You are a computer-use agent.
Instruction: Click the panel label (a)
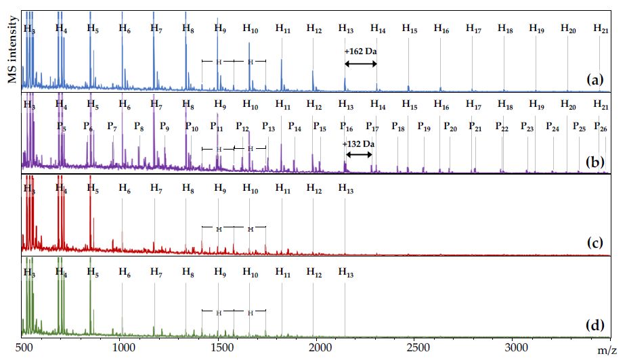[x=594, y=81]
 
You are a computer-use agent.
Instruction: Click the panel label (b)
[x=594, y=163]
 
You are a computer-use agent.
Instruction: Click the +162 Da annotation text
[x=360, y=52]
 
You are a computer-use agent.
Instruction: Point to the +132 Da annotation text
[x=359, y=143]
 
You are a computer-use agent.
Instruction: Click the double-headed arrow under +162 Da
[x=360, y=64]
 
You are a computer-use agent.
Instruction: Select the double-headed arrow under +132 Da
[x=359, y=154]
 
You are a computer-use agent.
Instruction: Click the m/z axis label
[x=607, y=350]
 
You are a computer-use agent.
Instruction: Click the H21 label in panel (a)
[x=601, y=28]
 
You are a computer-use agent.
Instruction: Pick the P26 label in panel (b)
[x=600, y=127]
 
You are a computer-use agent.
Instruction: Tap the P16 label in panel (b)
[x=346, y=127]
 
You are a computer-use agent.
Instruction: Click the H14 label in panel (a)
[x=378, y=28]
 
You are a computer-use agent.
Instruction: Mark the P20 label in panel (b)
[x=450, y=127]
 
